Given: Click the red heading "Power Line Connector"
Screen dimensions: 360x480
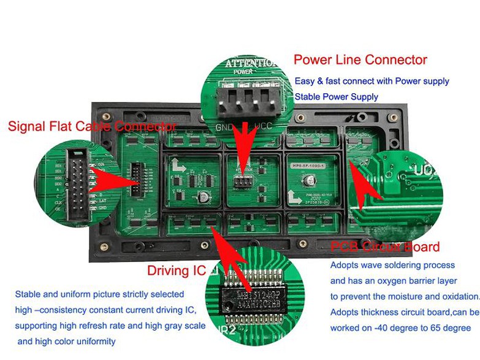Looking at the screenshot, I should [x=360, y=60].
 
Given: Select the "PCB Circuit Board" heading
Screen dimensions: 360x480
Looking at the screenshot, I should [x=385, y=247].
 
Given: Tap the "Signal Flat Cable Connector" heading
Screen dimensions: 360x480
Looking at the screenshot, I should [x=92, y=126].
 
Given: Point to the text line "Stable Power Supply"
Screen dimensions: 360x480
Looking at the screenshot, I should [x=336, y=97].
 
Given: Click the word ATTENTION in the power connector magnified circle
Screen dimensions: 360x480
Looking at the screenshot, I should [x=250, y=63].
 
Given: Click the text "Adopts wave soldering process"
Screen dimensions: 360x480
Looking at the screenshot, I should [x=392, y=265].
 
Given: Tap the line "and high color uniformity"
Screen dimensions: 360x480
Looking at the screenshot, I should [x=66, y=341].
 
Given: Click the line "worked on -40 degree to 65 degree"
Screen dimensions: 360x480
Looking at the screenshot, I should [x=400, y=328].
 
